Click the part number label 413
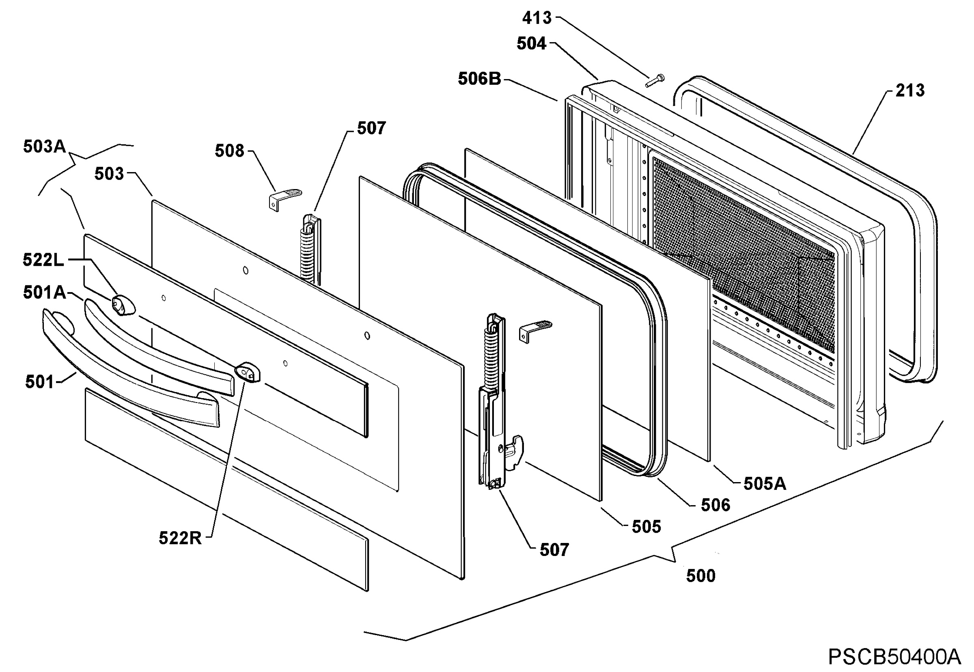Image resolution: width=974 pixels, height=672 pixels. [x=537, y=18]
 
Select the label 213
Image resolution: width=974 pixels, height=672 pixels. [x=910, y=90]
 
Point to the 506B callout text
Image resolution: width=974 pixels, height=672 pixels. [x=480, y=79]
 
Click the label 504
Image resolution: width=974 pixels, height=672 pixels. [x=531, y=43]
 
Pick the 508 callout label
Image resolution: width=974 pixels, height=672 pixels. [x=229, y=151]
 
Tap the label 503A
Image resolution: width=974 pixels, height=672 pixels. [x=45, y=146]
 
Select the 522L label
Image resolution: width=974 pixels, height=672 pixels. [x=43, y=260]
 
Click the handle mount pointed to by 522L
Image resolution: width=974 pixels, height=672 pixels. [x=123, y=305]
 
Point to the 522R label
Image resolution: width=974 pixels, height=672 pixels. [x=180, y=538]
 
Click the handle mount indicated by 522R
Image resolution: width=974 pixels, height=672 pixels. [x=248, y=373]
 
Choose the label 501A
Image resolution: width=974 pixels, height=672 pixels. [x=45, y=292]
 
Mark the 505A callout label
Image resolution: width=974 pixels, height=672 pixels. [x=765, y=484]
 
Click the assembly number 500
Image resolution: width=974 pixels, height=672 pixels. [x=701, y=575]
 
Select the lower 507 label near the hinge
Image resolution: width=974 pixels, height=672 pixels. [x=554, y=549]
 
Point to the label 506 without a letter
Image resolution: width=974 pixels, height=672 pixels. [x=715, y=505]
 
